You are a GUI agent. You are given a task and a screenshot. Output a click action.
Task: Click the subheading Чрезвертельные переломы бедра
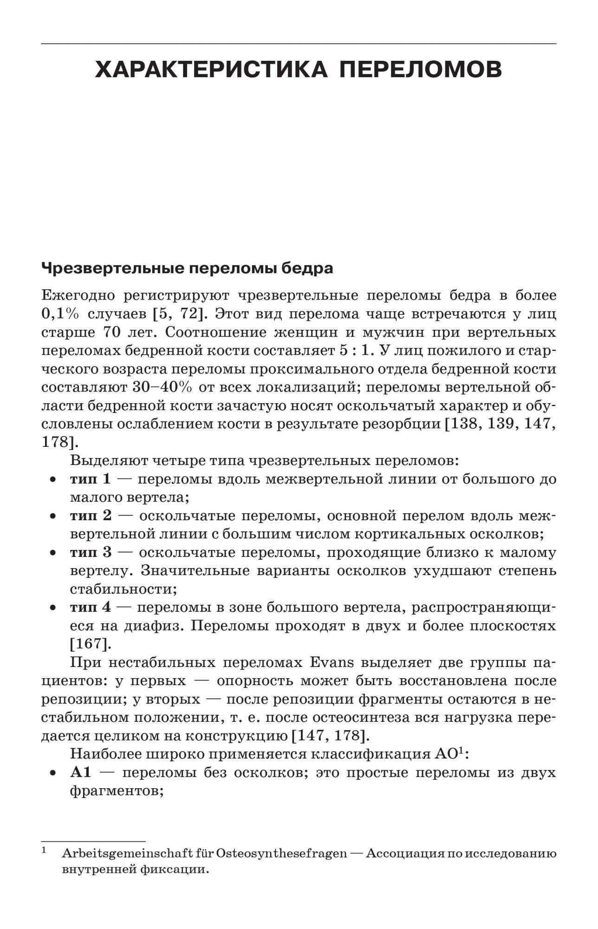point(187,268)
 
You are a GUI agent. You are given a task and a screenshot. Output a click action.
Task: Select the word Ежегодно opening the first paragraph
point(77,295)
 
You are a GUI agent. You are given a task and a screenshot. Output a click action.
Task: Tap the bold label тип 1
point(91,479)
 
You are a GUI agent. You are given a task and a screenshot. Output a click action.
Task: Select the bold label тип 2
point(91,516)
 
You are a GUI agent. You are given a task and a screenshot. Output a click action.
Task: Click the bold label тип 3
point(91,552)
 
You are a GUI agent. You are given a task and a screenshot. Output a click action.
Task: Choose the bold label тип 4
point(91,608)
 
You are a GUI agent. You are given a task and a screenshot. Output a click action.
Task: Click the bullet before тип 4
point(54,608)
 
